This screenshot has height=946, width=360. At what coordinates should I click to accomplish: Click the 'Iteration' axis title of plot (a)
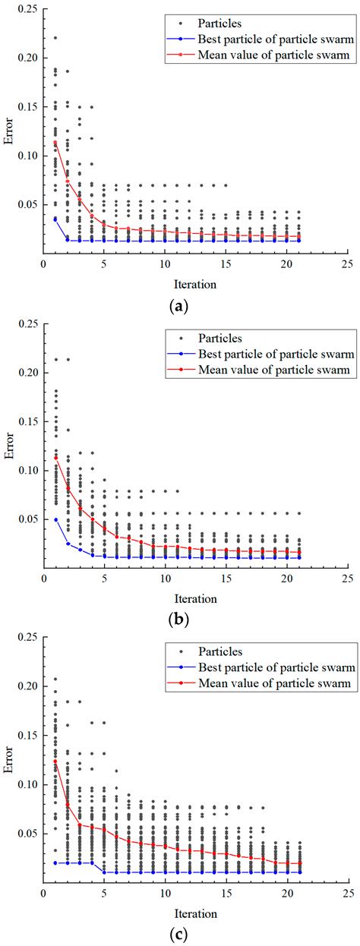[x=180, y=284]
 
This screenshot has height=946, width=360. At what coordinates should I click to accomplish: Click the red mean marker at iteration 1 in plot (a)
[x=55, y=143]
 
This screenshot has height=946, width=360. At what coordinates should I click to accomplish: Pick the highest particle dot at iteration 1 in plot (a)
[x=55, y=37]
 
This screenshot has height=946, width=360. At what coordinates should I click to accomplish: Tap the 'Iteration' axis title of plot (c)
[x=180, y=911]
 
